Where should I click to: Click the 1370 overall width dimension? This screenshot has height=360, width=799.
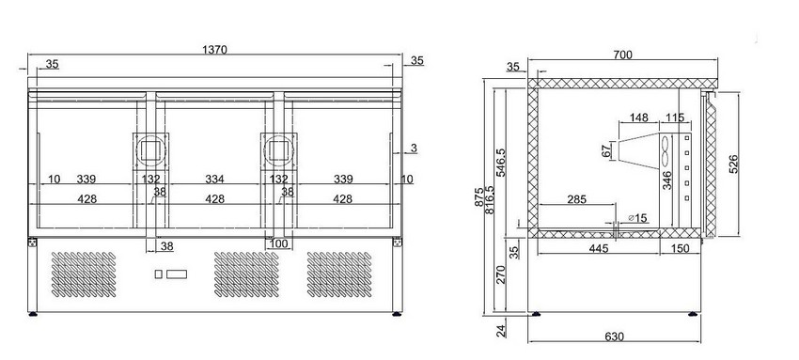coord(214,50)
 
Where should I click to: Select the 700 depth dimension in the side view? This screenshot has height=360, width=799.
coord(622,55)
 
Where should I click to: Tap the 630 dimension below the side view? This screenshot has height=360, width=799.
coord(615,337)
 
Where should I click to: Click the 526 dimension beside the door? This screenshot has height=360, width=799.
coord(733,164)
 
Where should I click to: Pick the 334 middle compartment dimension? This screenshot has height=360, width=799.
coord(214,180)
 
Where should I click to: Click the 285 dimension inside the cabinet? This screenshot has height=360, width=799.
coord(576,199)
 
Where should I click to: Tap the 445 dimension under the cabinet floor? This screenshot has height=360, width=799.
coord(599,248)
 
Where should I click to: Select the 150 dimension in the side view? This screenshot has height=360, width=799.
coord(681,248)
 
